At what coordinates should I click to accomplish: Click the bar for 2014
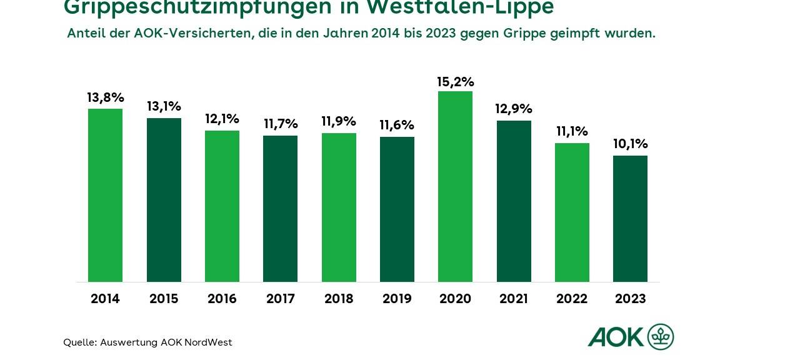[x=105, y=195]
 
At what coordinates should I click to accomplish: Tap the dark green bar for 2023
[x=630, y=219]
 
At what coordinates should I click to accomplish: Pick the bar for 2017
[x=280, y=209]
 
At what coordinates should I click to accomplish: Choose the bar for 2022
[x=572, y=212]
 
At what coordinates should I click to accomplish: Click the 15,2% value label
[x=455, y=82]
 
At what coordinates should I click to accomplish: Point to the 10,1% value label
[x=630, y=144]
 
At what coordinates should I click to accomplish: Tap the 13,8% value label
[x=105, y=97]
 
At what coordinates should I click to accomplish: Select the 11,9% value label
[x=339, y=121]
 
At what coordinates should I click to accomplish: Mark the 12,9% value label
[x=513, y=109]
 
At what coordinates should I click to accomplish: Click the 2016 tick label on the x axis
[x=222, y=299]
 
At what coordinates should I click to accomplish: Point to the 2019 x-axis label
[x=397, y=299]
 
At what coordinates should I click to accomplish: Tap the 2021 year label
[x=513, y=299]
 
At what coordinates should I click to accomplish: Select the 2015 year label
[x=164, y=299]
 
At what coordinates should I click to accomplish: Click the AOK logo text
[x=616, y=337]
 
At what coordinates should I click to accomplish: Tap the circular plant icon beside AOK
[x=661, y=337]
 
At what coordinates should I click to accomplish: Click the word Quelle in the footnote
[x=79, y=342]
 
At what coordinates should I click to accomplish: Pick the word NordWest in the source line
[x=208, y=342]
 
